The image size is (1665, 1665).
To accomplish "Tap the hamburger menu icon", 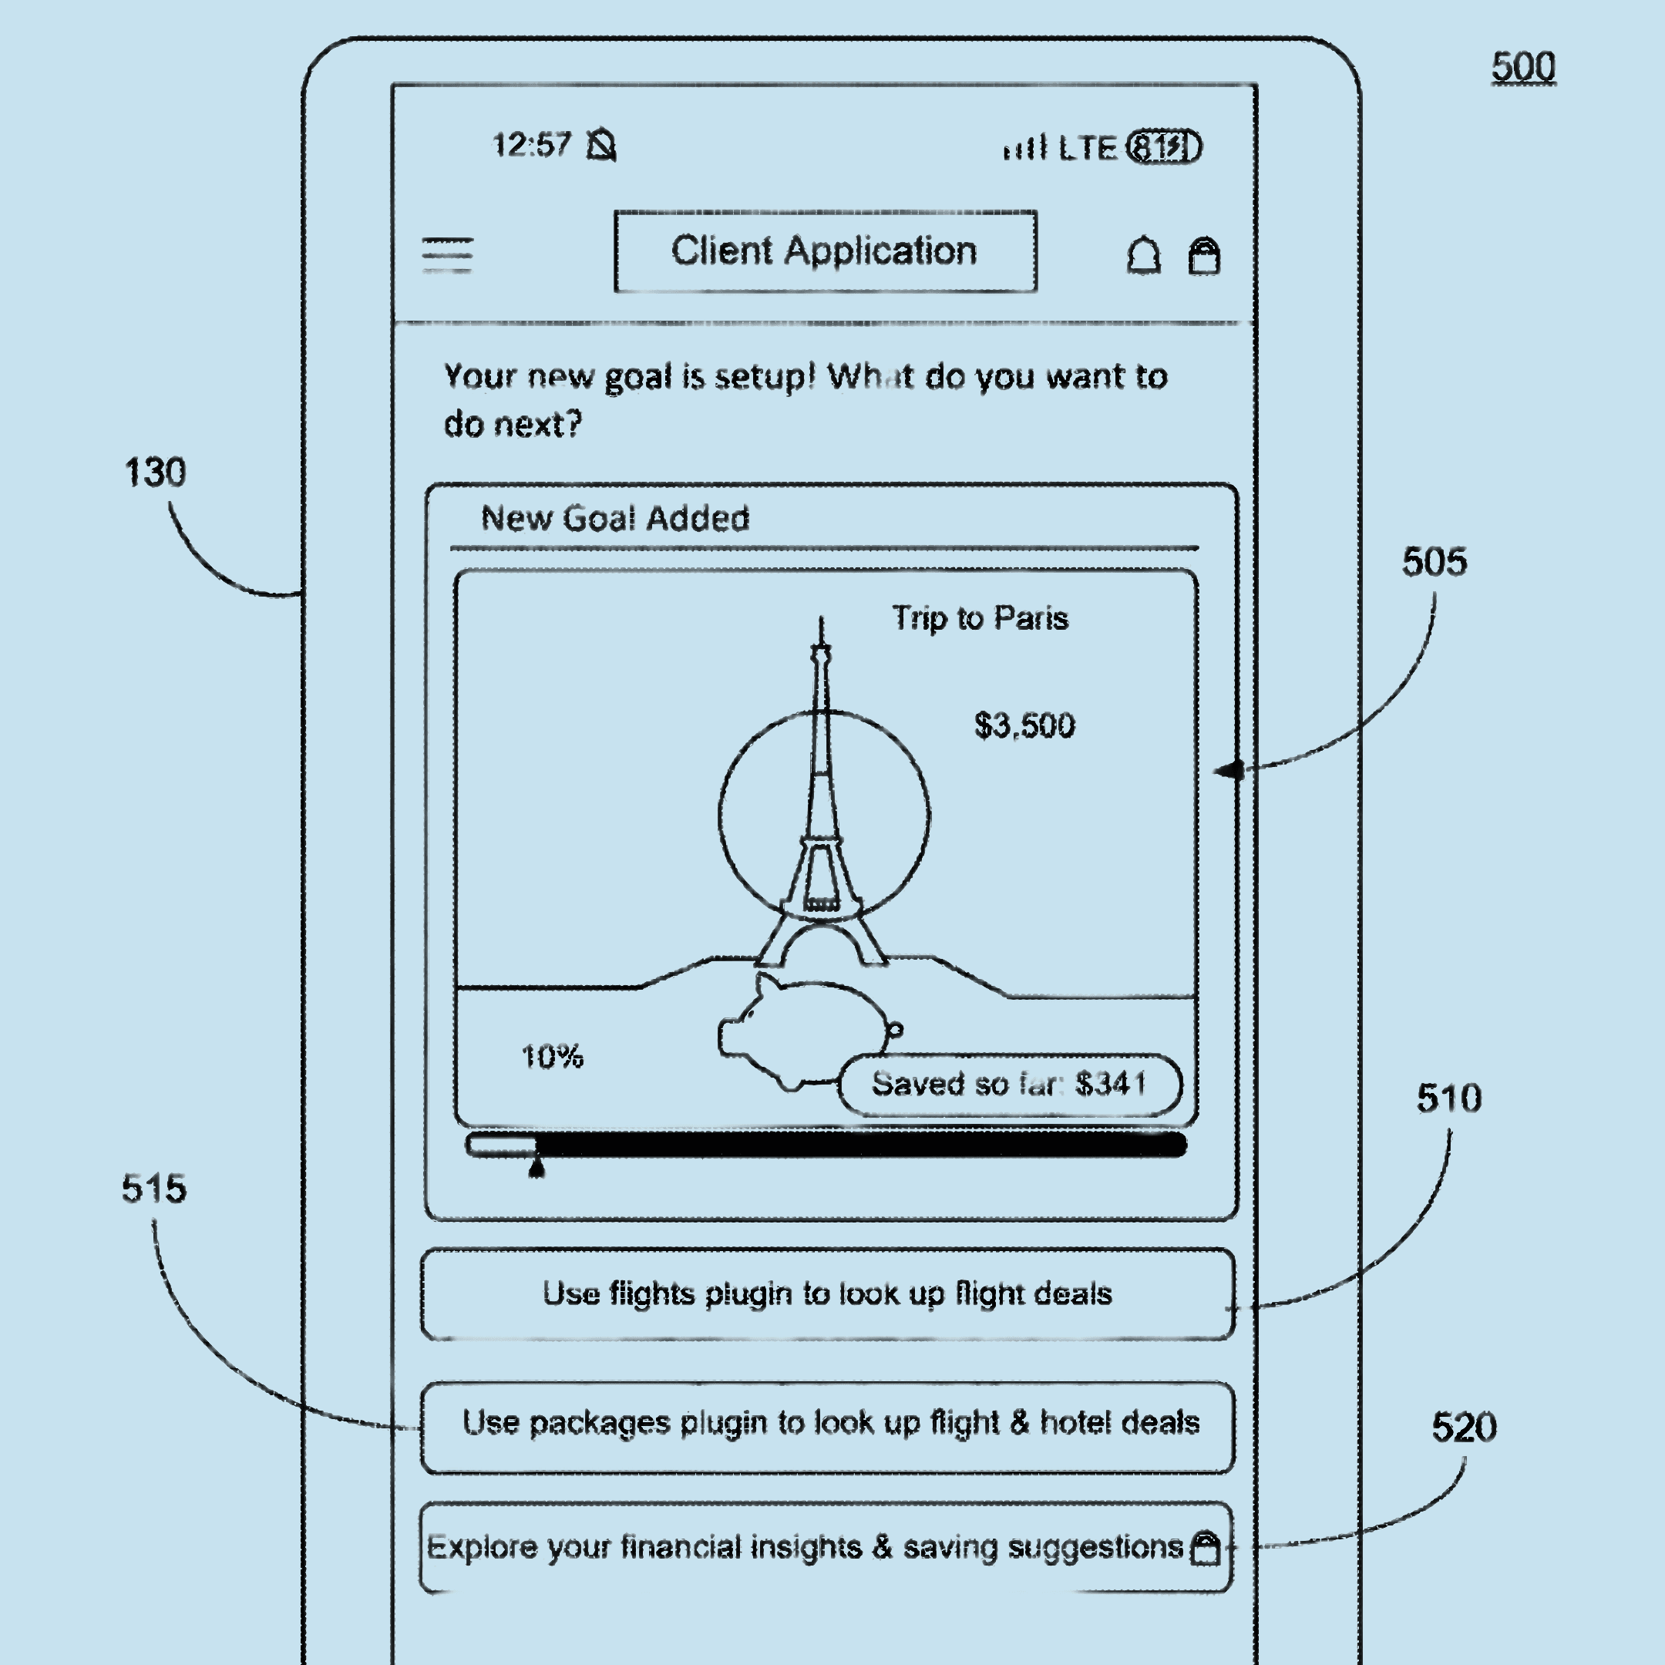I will [x=447, y=255].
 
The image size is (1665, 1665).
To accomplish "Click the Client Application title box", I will [x=825, y=251].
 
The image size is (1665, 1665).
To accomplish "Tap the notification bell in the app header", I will [x=1144, y=255].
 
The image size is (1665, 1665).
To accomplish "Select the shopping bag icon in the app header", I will [x=1204, y=256].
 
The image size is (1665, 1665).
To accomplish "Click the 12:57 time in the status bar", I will [x=531, y=145].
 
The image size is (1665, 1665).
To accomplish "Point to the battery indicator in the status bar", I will [x=1164, y=147].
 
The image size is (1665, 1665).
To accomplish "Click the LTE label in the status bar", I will [x=1087, y=148].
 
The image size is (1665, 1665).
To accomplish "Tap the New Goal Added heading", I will [x=614, y=518].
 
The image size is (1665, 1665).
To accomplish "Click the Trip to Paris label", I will [x=980, y=618].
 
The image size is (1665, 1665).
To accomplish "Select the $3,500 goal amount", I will [x=1024, y=725].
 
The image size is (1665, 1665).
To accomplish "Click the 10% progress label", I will [x=553, y=1057].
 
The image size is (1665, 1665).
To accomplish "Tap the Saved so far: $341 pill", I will [x=1009, y=1084].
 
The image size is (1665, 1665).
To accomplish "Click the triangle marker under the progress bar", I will [x=536, y=1168].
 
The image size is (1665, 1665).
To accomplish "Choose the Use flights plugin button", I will [x=827, y=1293].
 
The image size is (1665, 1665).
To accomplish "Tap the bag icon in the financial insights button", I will [x=1205, y=1548].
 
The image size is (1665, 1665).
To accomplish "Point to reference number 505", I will [x=1434, y=562].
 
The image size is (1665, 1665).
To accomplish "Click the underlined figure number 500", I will [x=1523, y=67].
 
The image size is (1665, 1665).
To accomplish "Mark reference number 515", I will [x=154, y=1189].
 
